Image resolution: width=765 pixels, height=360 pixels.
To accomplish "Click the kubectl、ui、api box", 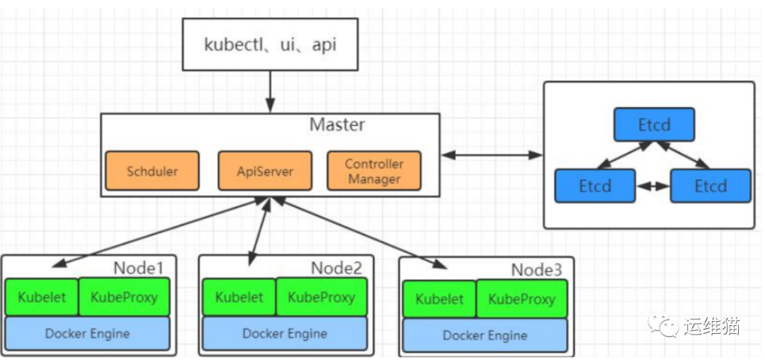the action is [270, 45].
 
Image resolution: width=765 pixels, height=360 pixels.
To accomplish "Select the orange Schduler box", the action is [152, 171].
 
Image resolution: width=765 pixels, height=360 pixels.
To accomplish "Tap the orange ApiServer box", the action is [265, 171].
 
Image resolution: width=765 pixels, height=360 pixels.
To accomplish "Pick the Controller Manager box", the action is [374, 171].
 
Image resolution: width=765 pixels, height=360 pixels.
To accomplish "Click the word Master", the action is [337, 125].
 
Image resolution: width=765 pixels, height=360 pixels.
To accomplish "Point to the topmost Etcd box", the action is [654, 125].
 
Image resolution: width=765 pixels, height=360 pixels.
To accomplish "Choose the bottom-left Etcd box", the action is [595, 186].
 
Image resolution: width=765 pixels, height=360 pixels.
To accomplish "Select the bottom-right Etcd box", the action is [710, 186].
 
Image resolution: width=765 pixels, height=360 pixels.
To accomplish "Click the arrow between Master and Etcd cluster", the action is [492, 155].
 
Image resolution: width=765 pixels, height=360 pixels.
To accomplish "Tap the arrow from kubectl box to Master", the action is [270, 91].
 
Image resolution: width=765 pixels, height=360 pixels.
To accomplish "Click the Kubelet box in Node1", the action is [42, 297].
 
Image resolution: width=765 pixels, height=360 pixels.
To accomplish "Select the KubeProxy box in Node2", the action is [321, 297].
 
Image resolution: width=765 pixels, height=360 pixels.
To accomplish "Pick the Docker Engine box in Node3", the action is [485, 336].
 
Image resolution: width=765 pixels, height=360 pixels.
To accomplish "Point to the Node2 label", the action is [336, 268].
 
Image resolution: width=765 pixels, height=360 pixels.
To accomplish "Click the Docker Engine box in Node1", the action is [87, 334].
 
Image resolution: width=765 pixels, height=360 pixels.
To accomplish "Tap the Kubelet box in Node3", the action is [439, 299].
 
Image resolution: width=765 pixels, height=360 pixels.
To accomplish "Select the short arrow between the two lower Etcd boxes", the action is [653, 186].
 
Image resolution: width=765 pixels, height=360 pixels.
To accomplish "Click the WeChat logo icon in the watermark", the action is [662, 325].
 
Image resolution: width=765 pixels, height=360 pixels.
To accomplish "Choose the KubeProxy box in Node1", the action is [124, 297].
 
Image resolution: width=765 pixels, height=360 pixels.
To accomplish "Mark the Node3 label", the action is [537, 270].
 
